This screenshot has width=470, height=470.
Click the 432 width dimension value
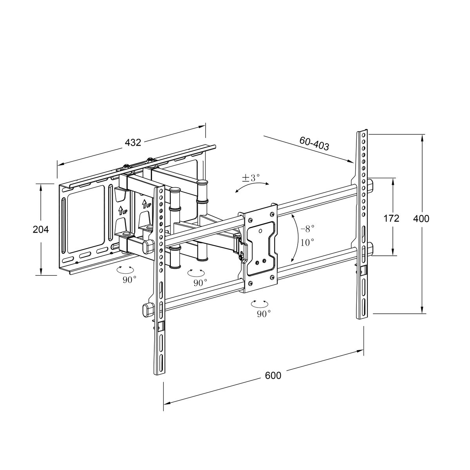click(133, 143)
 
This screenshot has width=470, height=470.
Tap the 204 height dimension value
click(41, 230)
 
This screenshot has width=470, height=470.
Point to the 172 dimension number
click(391, 218)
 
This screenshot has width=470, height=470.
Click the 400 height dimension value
click(421, 219)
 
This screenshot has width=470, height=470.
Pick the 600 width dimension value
click(273, 375)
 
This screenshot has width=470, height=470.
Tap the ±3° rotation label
click(251, 178)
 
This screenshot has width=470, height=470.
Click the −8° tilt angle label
click(307, 228)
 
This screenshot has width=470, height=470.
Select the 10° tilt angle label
click(307, 242)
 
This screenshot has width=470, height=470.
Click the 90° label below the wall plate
click(129, 279)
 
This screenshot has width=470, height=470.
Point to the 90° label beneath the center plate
click(264, 313)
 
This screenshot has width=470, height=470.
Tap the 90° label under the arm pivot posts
click(200, 282)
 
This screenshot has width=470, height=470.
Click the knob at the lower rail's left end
click(148, 309)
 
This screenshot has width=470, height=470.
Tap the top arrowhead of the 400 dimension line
click(422, 137)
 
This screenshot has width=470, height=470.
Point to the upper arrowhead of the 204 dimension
click(41, 186)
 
